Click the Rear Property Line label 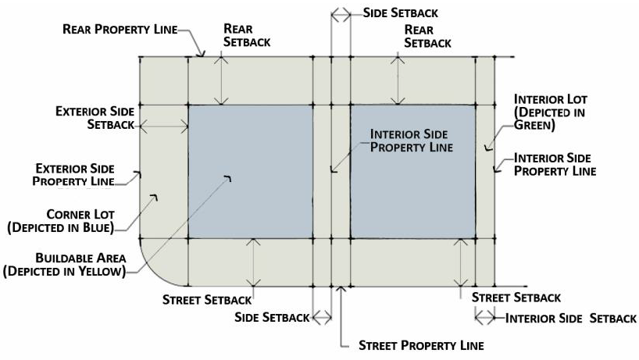coord(120,30)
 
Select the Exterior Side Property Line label coord(74,174)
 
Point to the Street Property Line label coord(421,344)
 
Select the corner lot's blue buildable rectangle coord(250,171)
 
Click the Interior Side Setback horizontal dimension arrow coord(485,317)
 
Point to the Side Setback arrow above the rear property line coord(341,13)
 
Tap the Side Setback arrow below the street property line coord(322,316)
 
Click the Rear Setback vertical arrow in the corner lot coord(223,80)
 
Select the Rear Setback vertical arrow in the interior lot coord(400,80)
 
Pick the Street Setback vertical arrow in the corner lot coord(252,262)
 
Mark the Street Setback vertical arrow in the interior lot coord(463,262)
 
